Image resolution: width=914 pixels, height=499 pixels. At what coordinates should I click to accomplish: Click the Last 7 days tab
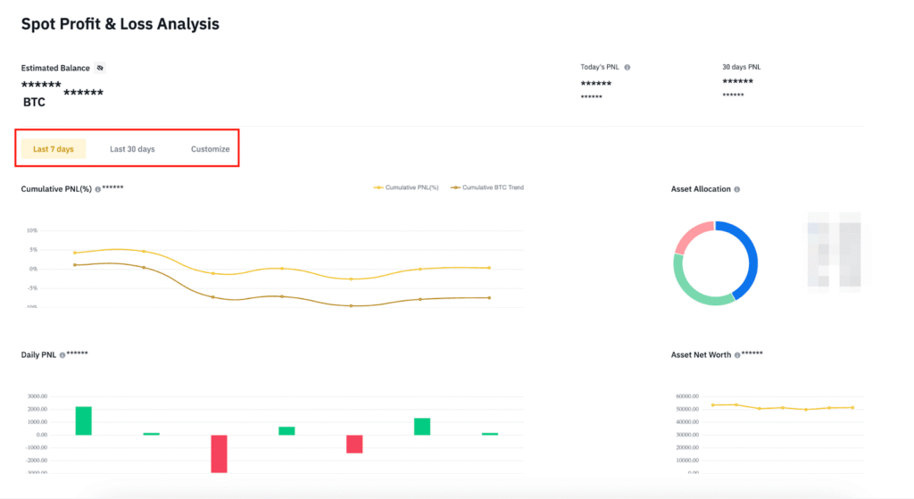pyautogui.click(x=54, y=149)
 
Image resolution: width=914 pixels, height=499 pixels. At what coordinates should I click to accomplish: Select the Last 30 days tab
pyautogui.click(x=132, y=149)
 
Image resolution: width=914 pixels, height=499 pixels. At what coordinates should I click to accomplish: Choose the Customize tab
pyautogui.click(x=211, y=149)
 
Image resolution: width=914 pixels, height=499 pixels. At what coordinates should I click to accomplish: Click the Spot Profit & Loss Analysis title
pyautogui.click(x=120, y=24)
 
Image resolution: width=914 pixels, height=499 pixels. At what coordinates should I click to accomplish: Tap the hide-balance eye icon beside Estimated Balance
pyautogui.click(x=100, y=68)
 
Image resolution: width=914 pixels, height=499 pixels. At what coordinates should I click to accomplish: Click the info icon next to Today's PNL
pyautogui.click(x=627, y=68)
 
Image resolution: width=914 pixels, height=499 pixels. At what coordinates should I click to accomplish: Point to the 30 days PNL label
pyautogui.click(x=741, y=68)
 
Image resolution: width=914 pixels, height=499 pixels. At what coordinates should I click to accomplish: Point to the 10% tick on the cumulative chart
pyautogui.click(x=31, y=230)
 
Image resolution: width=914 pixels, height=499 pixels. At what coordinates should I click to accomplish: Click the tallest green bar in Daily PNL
pyautogui.click(x=83, y=420)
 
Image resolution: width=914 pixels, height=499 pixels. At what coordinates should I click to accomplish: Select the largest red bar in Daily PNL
pyautogui.click(x=219, y=453)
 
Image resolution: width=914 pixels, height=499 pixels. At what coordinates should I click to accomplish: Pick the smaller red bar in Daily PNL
pyautogui.click(x=354, y=444)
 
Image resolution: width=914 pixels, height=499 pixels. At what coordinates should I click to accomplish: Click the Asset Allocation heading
pyautogui.click(x=701, y=189)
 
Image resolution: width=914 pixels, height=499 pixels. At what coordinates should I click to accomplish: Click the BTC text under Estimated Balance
pyautogui.click(x=34, y=103)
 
